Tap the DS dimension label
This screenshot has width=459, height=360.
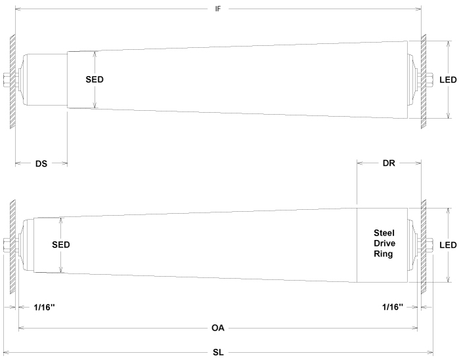(41, 163)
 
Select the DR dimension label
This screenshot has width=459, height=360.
(388, 163)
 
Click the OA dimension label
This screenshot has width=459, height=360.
(218, 327)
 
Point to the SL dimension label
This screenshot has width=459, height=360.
(218, 352)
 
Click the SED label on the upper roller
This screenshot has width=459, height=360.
(95, 79)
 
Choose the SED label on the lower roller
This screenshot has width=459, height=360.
(60, 245)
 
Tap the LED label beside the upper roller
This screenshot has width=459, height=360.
(448, 79)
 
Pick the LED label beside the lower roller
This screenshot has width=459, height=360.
(448, 245)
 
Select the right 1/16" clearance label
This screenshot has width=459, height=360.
(392, 306)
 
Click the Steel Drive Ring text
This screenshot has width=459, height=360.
(383, 243)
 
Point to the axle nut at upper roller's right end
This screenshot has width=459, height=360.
(430, 81)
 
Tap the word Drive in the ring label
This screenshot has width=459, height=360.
(383, 243)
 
